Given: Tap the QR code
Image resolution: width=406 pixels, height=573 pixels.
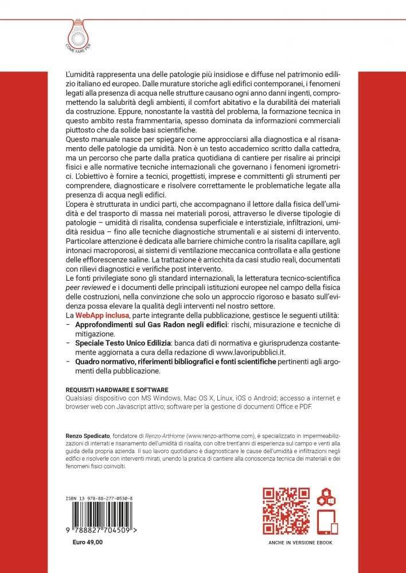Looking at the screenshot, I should [286, 511].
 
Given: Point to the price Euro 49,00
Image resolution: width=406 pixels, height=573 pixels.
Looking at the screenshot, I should [88, 542].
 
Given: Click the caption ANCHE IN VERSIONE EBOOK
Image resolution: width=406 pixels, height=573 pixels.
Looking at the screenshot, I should [300, 542].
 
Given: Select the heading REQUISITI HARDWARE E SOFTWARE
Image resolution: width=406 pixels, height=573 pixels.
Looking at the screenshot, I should [115, 389].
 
